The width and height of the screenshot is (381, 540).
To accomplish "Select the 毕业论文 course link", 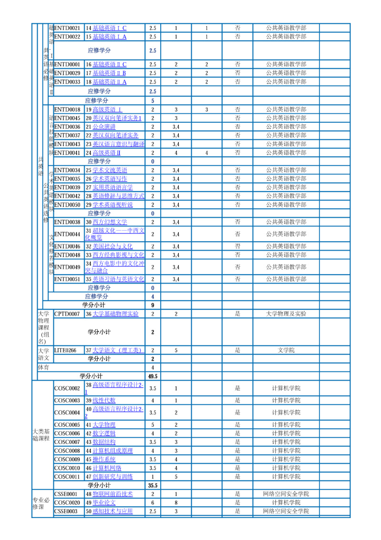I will pos(104,502).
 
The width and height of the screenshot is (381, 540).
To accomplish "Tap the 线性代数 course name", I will pos(104,400).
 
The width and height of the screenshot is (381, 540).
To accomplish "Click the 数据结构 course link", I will pos(104,442).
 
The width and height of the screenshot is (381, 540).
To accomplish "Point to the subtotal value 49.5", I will pos(153,376).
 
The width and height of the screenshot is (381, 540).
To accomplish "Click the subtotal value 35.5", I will pos(153,485).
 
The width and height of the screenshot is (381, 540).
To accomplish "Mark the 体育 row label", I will pos(43,368).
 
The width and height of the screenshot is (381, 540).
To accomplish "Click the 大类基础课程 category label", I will pos(41,435).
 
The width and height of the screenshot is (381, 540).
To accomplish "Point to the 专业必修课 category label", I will pos(41,503).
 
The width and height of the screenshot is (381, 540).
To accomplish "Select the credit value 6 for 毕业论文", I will pos(153,502).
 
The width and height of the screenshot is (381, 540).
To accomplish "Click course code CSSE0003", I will pos(66,511).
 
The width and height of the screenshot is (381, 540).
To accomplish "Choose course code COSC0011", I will pos(67,476).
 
